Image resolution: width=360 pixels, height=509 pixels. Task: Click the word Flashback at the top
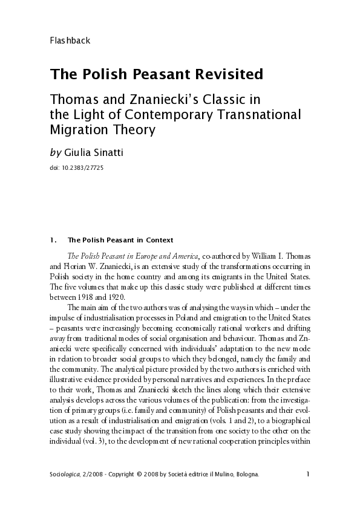click(x=70, y=41)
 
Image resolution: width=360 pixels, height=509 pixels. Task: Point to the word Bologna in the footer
click(x=244, y=475)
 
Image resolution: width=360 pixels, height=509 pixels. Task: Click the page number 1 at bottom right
click(x=308, y=475)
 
